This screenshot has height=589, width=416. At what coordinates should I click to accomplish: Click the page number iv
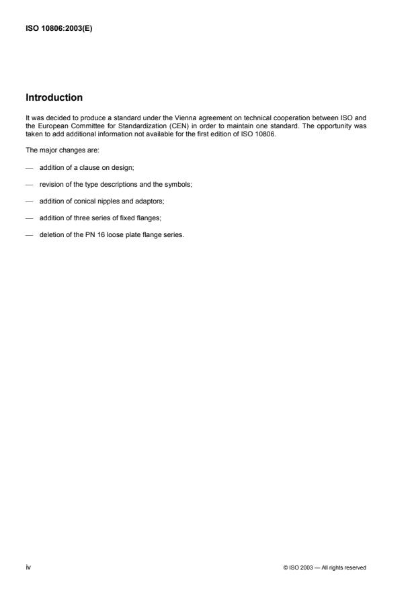28,568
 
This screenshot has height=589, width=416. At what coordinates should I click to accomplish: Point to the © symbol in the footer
286,568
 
